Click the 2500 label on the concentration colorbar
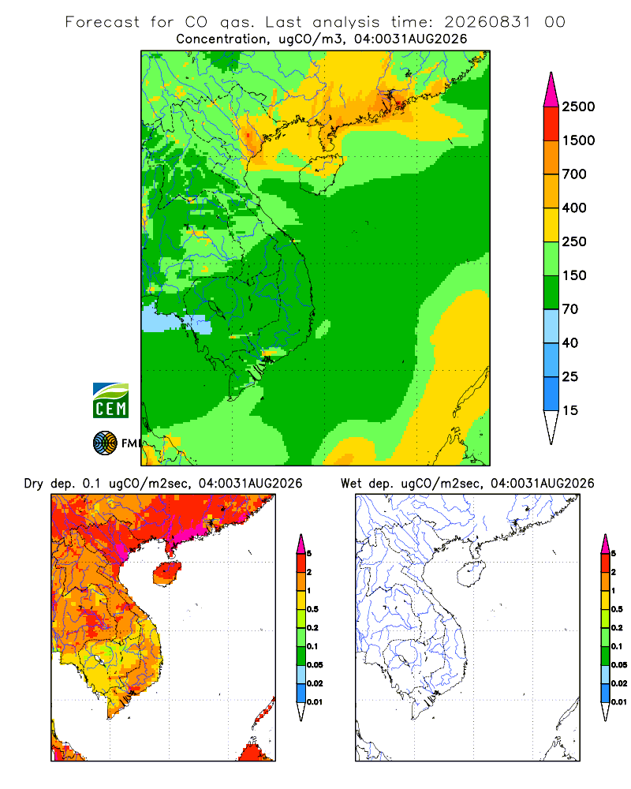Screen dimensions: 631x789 (578, 107)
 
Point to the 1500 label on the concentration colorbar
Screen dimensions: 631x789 (578, 140)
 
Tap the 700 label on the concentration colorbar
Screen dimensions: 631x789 (574, 174)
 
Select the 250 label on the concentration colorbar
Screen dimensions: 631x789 (574, 241)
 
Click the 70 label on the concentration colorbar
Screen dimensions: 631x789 (570, 309)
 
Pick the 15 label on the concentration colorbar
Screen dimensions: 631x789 (570, 410)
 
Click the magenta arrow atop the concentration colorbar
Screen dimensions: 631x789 (551, 90)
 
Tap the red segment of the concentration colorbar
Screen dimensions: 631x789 (551, 124)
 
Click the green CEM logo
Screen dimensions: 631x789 (110, 401)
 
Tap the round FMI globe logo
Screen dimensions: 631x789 (105, 443)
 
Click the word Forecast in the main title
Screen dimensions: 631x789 (103, 22)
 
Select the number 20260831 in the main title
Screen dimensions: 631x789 (487, 22)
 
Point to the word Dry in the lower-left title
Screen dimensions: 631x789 (34, 484)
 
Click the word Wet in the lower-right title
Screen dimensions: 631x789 (351, 484)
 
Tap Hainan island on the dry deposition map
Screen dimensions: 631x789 (167, 573)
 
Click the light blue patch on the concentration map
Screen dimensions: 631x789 (176, 320)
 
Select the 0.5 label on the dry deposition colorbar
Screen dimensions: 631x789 (312, 609)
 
